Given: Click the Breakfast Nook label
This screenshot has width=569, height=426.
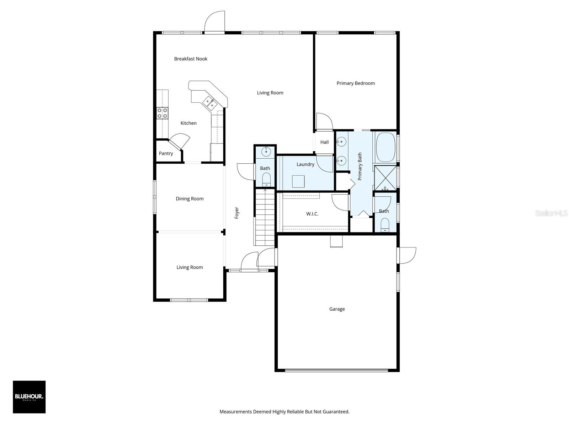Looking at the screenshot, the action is coord(191,59).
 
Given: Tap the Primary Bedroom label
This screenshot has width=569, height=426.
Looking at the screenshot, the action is coord(355,83).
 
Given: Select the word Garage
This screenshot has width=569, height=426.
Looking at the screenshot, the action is coord(337,309).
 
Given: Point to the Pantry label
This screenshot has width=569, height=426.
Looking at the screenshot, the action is coord(166,153).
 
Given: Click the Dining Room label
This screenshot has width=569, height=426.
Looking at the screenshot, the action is coord(190,199).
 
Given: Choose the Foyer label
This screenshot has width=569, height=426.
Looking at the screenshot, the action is coord(236,213).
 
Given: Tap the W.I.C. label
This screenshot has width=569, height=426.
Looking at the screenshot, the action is coord(312,214).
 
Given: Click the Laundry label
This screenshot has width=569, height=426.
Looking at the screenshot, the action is coord(305,164).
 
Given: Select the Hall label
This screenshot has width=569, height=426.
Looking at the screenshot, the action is coord(324,142).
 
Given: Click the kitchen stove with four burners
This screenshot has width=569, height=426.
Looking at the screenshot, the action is coord(162,113).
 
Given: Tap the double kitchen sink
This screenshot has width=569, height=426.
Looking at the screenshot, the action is coord(210,103).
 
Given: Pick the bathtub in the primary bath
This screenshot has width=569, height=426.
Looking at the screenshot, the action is coord(385,147).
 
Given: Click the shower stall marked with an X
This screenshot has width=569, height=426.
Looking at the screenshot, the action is coord(385,178).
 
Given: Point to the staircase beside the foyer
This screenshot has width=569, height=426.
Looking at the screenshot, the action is coord(265,217).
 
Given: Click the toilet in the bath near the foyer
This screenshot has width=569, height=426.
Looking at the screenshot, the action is coord(266,180).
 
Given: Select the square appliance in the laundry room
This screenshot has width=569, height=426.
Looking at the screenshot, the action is coord(298,181).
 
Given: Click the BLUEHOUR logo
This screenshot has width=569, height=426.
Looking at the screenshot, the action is coord(29,397).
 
